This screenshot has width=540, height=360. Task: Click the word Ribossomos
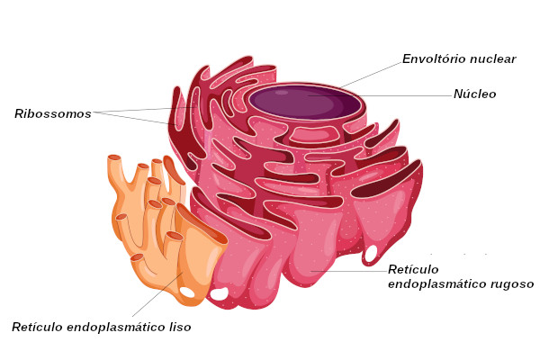52,114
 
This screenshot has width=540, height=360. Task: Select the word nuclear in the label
496,59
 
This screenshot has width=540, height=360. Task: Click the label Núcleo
474,94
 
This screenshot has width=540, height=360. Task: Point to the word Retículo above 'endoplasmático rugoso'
413,269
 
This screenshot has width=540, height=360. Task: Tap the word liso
177,328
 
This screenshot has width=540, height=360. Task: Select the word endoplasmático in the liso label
113,328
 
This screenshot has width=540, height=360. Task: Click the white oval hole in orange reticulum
187,292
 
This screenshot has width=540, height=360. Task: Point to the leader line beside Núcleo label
405,94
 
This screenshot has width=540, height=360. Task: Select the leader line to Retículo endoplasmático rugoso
351,270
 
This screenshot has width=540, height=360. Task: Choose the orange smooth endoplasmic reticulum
148,225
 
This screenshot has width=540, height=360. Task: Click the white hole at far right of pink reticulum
371,253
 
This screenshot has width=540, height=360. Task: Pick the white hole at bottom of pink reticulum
220,293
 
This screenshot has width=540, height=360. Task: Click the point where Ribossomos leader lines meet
95,113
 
